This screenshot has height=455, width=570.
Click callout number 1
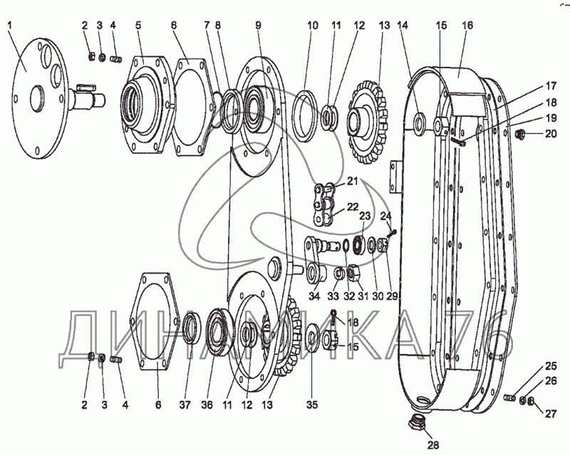pos(11,25)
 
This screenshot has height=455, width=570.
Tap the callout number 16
pos(467,25)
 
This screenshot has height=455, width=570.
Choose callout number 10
pos(312,25)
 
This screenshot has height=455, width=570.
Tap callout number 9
pos(259,25)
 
